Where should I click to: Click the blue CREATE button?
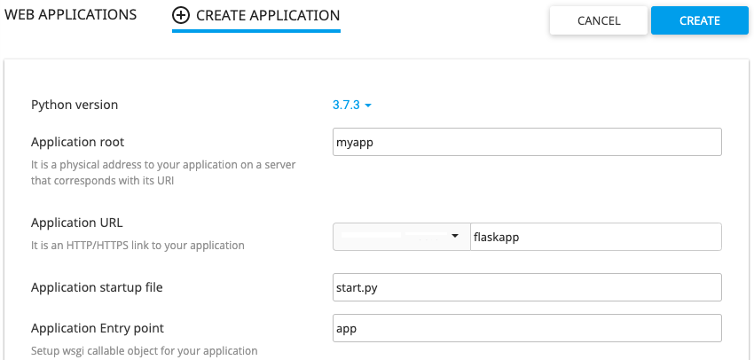pyautogui.click(x=700, y=20)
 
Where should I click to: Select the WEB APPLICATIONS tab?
pyautogui.click(x=71, y=15)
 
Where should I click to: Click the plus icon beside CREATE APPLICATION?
pyautogui.click(x=180, y=15)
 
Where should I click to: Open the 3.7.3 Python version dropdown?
pyautogui.click(x=352, y=105)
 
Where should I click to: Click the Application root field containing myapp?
pyautogui.click(x=527, y=142)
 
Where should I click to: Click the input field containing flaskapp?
pyautogui.click(x=596, y=237)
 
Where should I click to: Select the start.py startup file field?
pyautogui.click(x=527, y=287)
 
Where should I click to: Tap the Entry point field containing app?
pyautogui.click(x=527, y=328)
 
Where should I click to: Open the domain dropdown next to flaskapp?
pyautogui.click(x=402, y=237)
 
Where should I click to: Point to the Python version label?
pyautogui.click(x=75, y=105)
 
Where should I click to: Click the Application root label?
pyautogui.click(x=77, y=142)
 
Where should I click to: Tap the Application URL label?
pyautogui.click(x=77, y=223)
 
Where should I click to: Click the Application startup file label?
pyautogui.click(x=97, y=287)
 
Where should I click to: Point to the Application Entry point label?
pyautogui.click(x=98, y=328)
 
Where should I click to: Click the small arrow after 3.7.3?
pyautogui.click(x=368, y=106)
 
